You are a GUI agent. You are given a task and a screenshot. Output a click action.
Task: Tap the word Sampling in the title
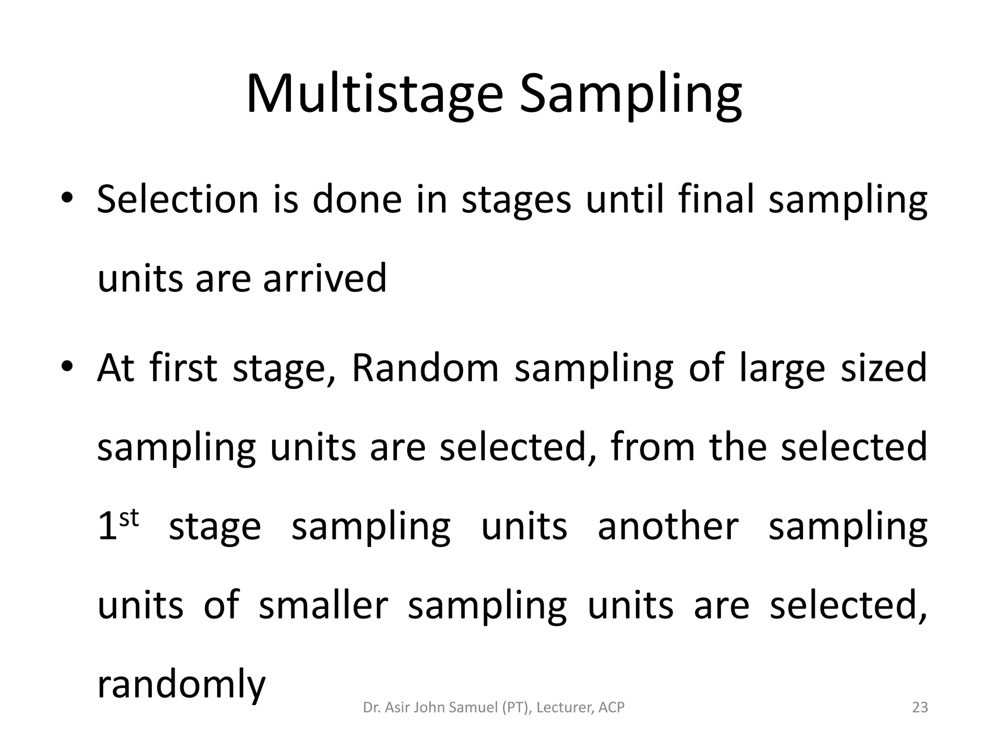click(630, 94)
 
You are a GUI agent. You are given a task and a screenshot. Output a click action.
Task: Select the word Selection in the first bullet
click(178, 199)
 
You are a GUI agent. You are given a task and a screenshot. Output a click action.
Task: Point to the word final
click(716, 199)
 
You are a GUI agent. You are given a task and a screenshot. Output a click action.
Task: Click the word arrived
click(325, 278)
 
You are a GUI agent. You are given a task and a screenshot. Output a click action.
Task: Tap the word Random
click(425, 368)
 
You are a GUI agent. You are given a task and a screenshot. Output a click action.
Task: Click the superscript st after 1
click(129, 519)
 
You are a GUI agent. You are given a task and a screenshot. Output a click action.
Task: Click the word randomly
click(181, 685)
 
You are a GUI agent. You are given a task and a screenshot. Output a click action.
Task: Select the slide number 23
click(920, 707)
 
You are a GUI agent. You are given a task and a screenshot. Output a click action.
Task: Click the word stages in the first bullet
click(516, 199)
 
